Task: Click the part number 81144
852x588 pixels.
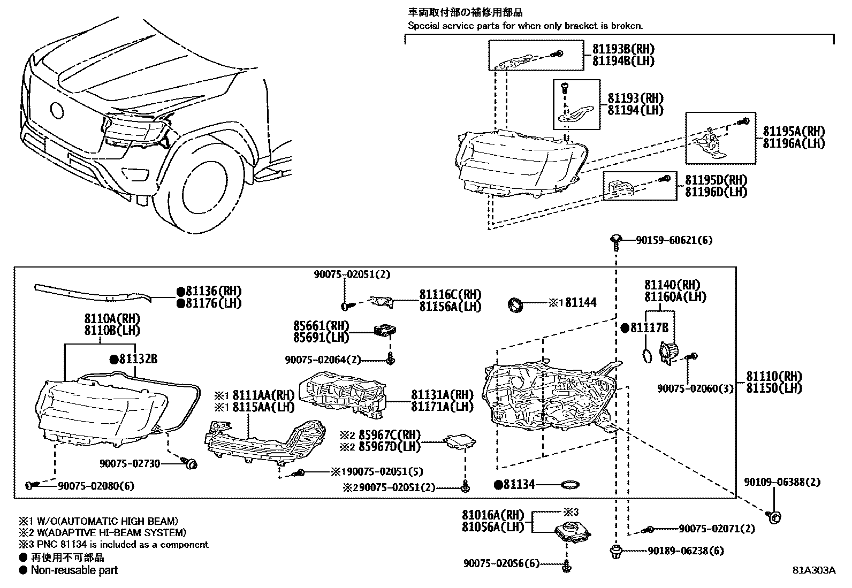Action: point(581,303)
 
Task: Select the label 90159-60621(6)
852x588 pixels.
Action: point(674,241)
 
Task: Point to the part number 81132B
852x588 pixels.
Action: point(138,360)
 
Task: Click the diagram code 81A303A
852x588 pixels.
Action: point(814,570)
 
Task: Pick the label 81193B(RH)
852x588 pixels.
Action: point(623,49)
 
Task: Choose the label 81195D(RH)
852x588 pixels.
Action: point(716,180)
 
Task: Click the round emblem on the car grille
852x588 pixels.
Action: point(56,110)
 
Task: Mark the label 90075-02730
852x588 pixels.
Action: point(130,463)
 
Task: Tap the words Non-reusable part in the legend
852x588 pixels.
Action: point(74,570)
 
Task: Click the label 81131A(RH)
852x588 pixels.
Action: point(442,395)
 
